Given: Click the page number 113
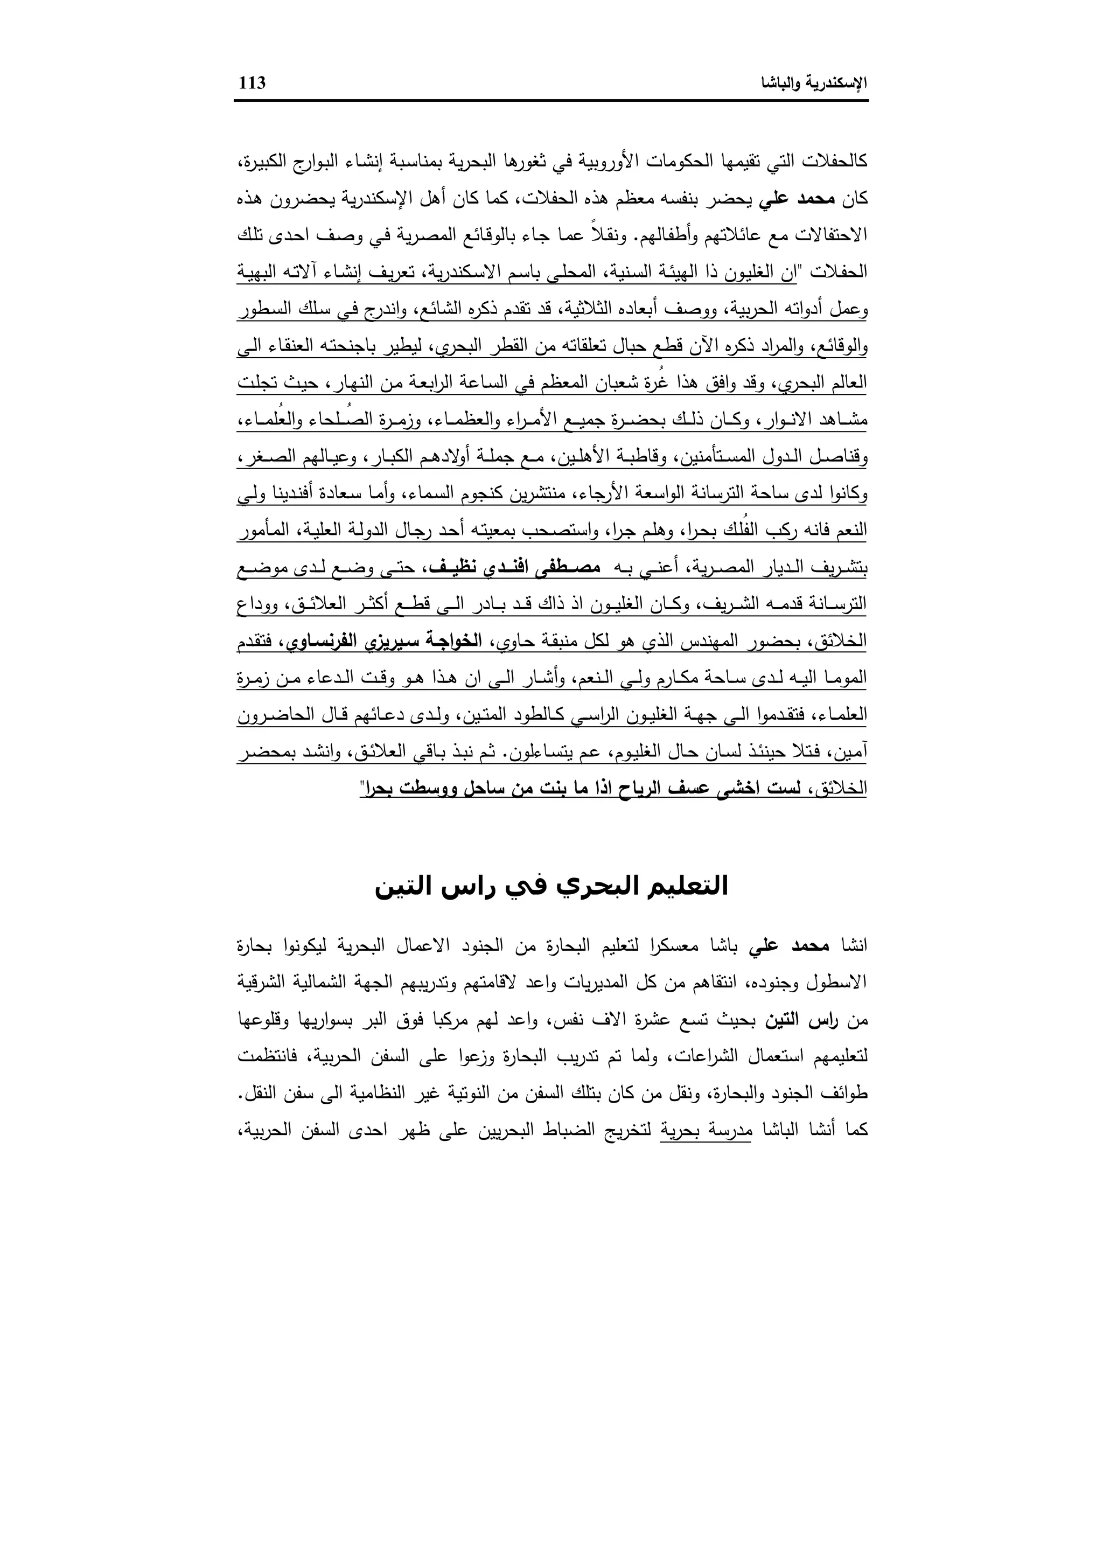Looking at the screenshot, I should point(252,83).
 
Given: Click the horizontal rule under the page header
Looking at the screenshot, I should point(551,101).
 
